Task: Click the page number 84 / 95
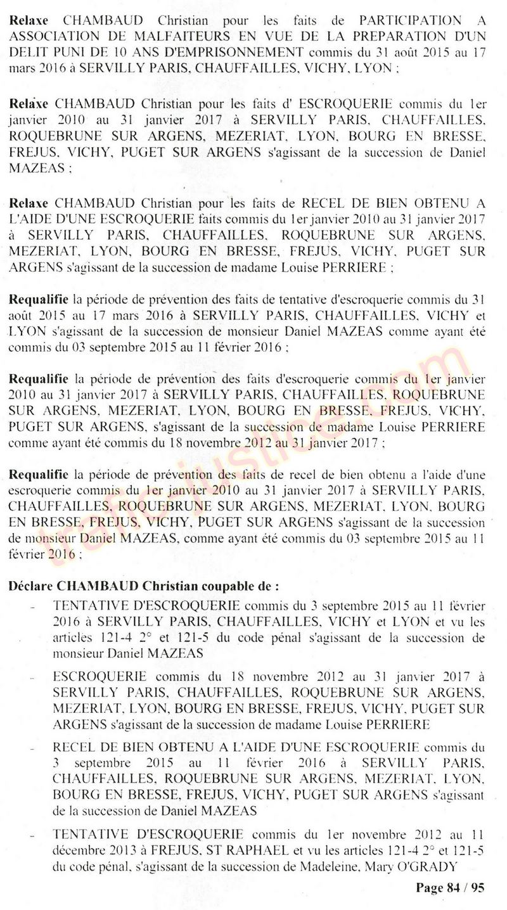[449, 888]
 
